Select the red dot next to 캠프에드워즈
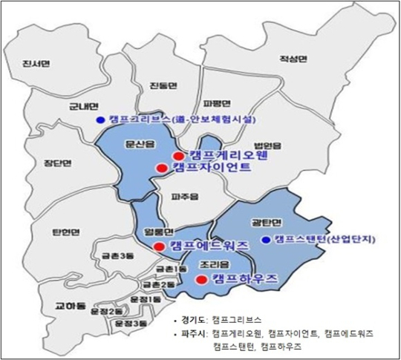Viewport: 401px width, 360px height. [157, 246]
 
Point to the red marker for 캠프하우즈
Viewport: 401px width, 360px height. [199, 279]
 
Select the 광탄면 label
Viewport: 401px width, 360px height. [270, 222]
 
